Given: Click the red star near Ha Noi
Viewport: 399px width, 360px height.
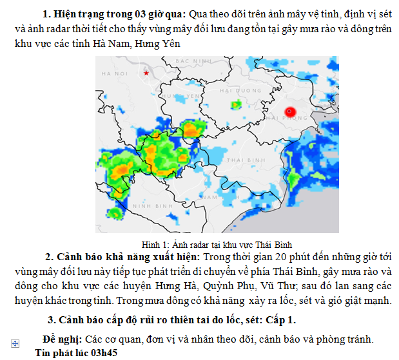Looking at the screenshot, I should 146,73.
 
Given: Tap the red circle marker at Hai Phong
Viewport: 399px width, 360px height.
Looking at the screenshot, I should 289,111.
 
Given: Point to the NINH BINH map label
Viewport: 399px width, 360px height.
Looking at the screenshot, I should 150,205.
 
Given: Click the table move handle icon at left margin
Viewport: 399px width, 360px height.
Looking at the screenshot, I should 15,343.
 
